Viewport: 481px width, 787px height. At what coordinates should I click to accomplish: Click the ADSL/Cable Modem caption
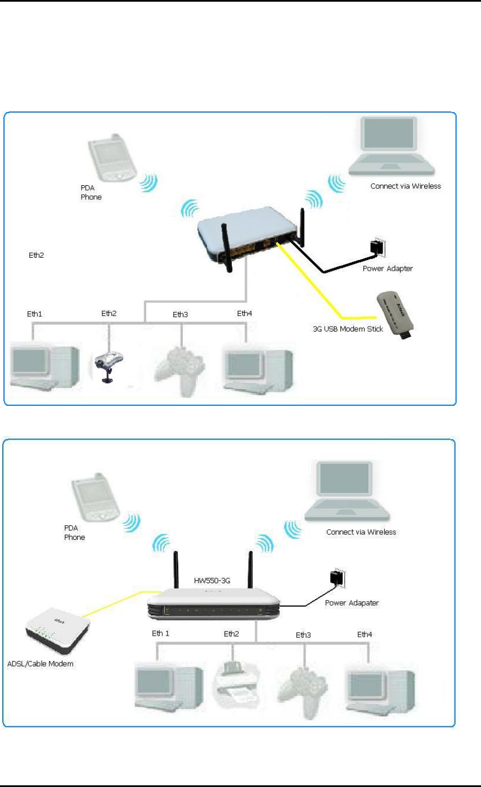point(41,664)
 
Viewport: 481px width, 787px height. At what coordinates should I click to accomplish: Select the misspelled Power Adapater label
point(352,603)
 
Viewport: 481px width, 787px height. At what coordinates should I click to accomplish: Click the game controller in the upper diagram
point(181,369)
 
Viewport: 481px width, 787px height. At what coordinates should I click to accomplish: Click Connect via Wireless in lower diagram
point(361,531)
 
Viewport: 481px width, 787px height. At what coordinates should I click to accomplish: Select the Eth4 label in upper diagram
point(245,313)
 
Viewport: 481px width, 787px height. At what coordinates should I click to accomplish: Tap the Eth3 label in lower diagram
point(303,635)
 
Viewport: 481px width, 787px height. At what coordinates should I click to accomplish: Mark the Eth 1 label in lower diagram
point(160,633)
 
